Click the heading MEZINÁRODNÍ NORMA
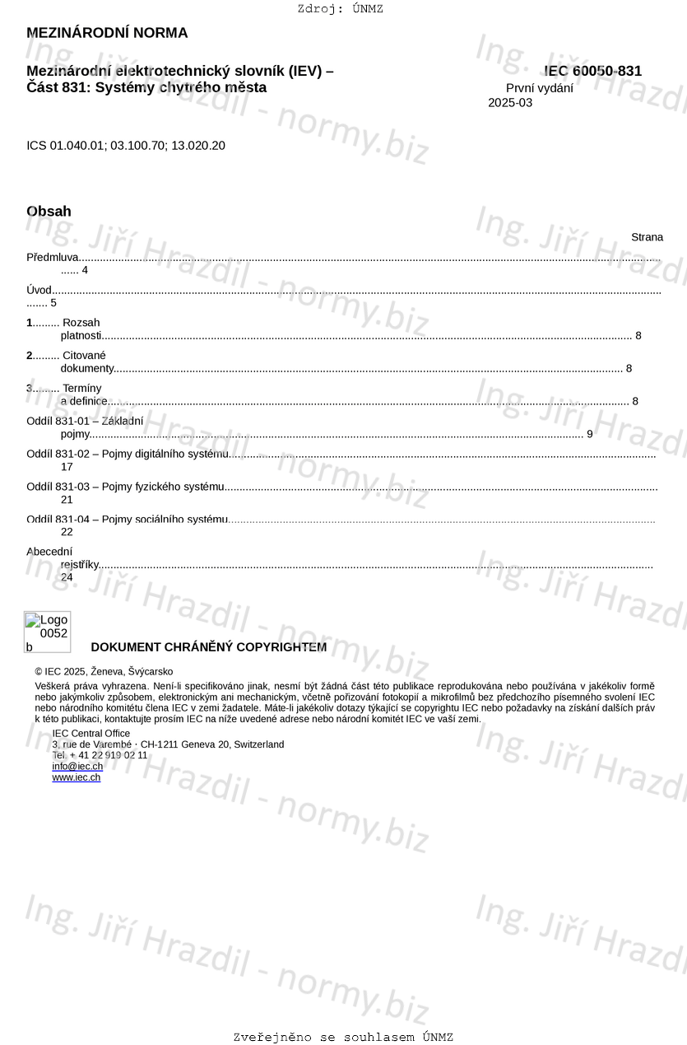click(107, 33)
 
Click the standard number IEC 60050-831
click(593, 72)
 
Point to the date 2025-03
click(510, 103)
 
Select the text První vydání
click(540, 88)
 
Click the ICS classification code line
click(126, 146)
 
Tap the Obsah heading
click(49, 212)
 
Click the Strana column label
click(647, 237)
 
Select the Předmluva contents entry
click(52, 258)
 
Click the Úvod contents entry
click(39, 290)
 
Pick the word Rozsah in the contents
click(81, 323)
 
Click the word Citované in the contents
click(84, 356)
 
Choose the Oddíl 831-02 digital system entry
click(128, 454)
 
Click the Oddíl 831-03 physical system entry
click(125, 487)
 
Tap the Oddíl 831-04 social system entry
click(127, 519)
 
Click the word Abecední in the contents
click(49, 552)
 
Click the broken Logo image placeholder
click(47, 632)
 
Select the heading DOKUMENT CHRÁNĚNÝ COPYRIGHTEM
click(208, 647)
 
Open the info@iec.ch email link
click(77, 767)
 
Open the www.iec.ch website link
click(77, 777)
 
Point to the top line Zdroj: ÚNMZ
click(340, 9)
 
